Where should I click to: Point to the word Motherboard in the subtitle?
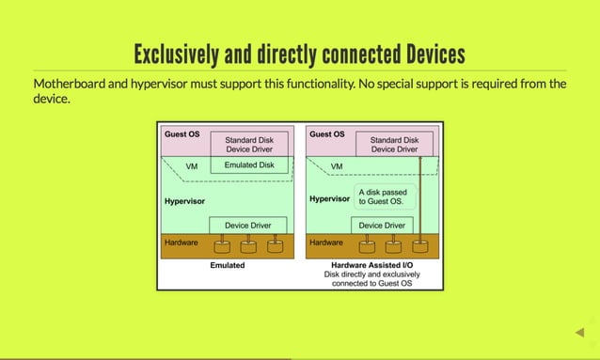[x=72, y=84]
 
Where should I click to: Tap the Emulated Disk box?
[x=248, y=164]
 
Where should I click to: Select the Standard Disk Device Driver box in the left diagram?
[x=248, y=144]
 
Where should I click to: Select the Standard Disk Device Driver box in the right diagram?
[x=394, y=144]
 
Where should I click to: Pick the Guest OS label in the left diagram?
[x=182, y=133]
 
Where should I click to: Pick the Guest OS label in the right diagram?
[x=327, y=133]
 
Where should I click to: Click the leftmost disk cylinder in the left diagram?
[x=223, y=247]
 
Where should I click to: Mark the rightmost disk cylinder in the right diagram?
[x=420, y=247]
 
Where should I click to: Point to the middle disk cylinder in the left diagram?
[x=248, y=247]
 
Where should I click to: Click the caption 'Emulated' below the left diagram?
[x=227, y=265]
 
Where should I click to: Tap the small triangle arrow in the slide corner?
[x=580, y=332]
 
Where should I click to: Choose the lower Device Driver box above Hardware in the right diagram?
[x=382, y=226]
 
